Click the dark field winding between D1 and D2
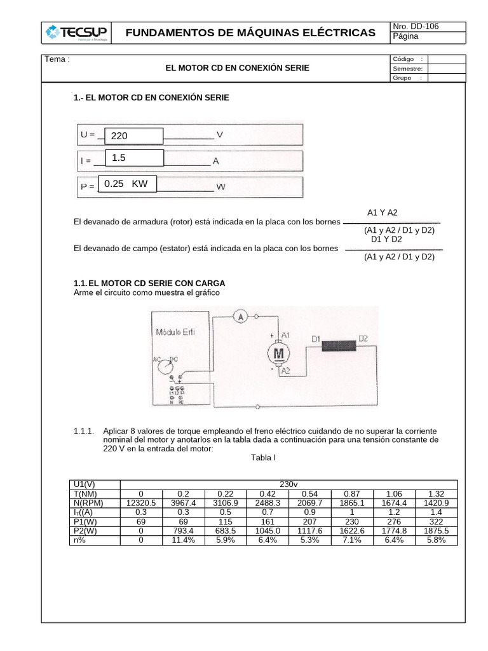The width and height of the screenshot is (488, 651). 339,346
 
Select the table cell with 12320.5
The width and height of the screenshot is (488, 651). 141,503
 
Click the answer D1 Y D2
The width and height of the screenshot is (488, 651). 386,240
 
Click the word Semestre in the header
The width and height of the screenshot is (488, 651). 408,69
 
